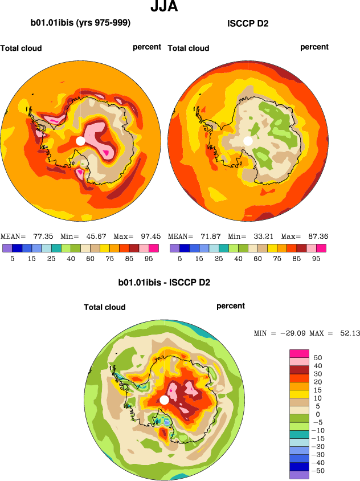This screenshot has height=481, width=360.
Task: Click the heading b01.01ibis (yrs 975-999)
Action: (80, 23)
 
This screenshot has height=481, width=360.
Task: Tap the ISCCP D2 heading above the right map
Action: (248, 23)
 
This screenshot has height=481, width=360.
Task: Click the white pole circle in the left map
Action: (81, 140)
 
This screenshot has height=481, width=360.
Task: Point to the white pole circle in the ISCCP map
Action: (248, 140)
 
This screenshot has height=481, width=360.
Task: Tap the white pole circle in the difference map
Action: (164, 400)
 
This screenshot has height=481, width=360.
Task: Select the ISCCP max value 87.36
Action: (317, 236)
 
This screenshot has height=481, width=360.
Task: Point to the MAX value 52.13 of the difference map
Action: (349, 333)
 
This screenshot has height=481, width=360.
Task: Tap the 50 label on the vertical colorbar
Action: (317, 358)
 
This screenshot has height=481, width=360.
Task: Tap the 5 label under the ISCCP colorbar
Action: (179, 258)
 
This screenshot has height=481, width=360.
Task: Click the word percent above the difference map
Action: (231, 306)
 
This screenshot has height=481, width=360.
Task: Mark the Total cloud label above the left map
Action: (21, 48)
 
